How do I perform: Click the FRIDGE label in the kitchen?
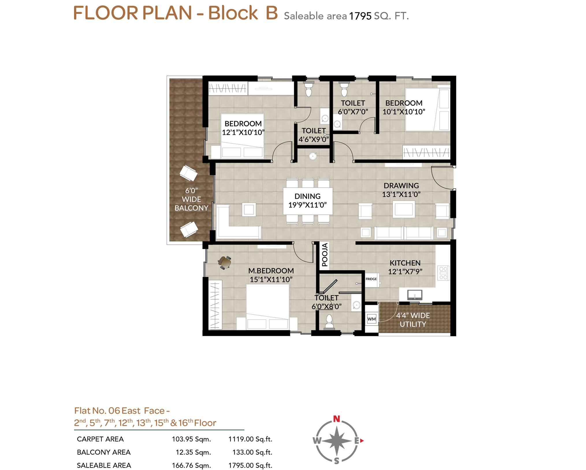[371, 279]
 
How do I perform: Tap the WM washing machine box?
[371, 319]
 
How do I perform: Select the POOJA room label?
[325, 255]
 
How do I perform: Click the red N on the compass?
[336, 419]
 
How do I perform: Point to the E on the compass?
[357, 441]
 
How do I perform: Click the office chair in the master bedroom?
[225, 263]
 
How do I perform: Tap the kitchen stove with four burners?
[443, 273]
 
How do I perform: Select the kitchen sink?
[415, 295]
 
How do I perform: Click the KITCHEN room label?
[405, 263]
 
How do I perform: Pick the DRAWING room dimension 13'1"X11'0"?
[401, 194]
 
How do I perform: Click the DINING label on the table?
[307, 196]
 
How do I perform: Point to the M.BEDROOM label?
[271, 271]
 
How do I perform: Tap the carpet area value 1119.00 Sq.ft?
[250, 439]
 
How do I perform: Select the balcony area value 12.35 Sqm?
[193, 452]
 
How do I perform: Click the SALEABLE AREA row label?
[104, 465]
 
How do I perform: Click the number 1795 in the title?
[360, 16]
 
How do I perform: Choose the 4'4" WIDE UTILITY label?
[413, 320]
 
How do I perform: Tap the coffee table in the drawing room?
[403, 209]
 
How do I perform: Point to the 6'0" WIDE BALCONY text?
[191, 199]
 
